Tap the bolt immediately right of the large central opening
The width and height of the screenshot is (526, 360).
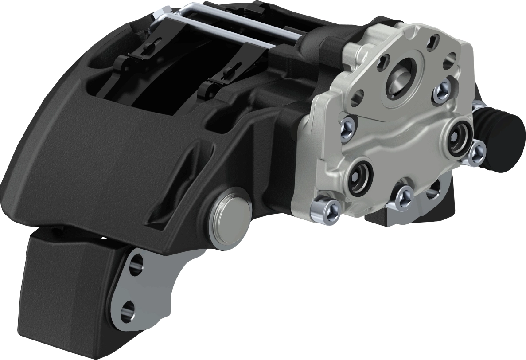pyautogui.click(x=440, y=92)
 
